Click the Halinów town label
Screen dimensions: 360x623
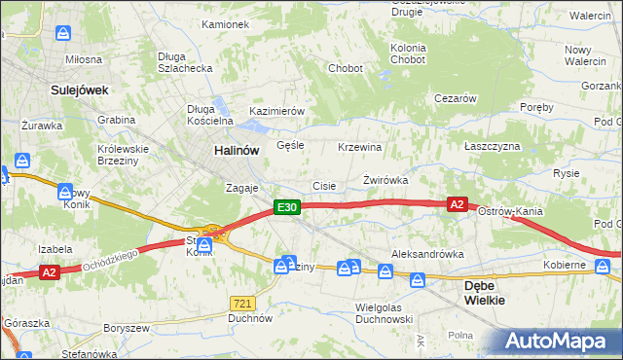click(x=237, y=151)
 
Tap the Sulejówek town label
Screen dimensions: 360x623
click(x=78, y=90)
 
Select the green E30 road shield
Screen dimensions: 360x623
click(x=285, y=207)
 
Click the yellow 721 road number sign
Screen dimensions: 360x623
click(x=243, y=304)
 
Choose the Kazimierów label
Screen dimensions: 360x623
click(x=277, y=112)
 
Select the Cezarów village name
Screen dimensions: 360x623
click(x=455, y=98)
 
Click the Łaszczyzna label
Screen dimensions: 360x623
click(x=493, y=146)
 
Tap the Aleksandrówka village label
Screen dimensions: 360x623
click(x=427, y=254)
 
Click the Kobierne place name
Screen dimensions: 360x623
click(x=565, y=265)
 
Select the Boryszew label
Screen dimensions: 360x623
click(x=126, y=328)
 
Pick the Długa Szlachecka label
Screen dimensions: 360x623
click(x=185, y=62)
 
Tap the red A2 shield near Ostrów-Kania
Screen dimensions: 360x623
click(x=457, y=204)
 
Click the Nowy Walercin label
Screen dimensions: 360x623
click(x=584, y=55)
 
